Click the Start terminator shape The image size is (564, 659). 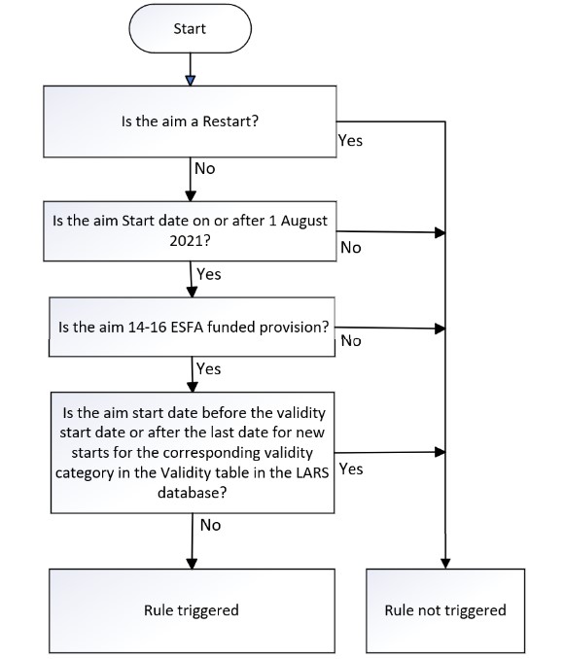coord(190,28)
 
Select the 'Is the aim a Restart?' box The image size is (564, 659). coord(190,121)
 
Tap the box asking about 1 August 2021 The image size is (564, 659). coord(190,231)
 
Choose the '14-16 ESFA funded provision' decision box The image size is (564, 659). coord(193,327)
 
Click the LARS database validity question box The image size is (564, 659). coord(193,453)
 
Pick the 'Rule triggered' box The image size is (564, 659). coord(192,610)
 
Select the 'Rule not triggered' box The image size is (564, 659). coord(445,610)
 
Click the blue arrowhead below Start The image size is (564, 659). coord(191,81)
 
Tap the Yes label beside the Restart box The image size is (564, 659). coord(350,140)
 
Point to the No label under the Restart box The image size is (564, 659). coord(205,168)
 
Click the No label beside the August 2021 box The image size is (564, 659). coord(351,248)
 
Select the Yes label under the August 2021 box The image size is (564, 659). coord(209,274)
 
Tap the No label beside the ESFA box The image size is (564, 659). coord(351,341)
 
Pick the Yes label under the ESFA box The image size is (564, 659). coord(209,368)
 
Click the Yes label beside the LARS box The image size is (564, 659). coord(351,468)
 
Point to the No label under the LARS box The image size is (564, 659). coord(210,525)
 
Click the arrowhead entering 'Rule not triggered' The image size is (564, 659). coord(445,564)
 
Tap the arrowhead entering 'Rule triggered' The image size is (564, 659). coord(192,564)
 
